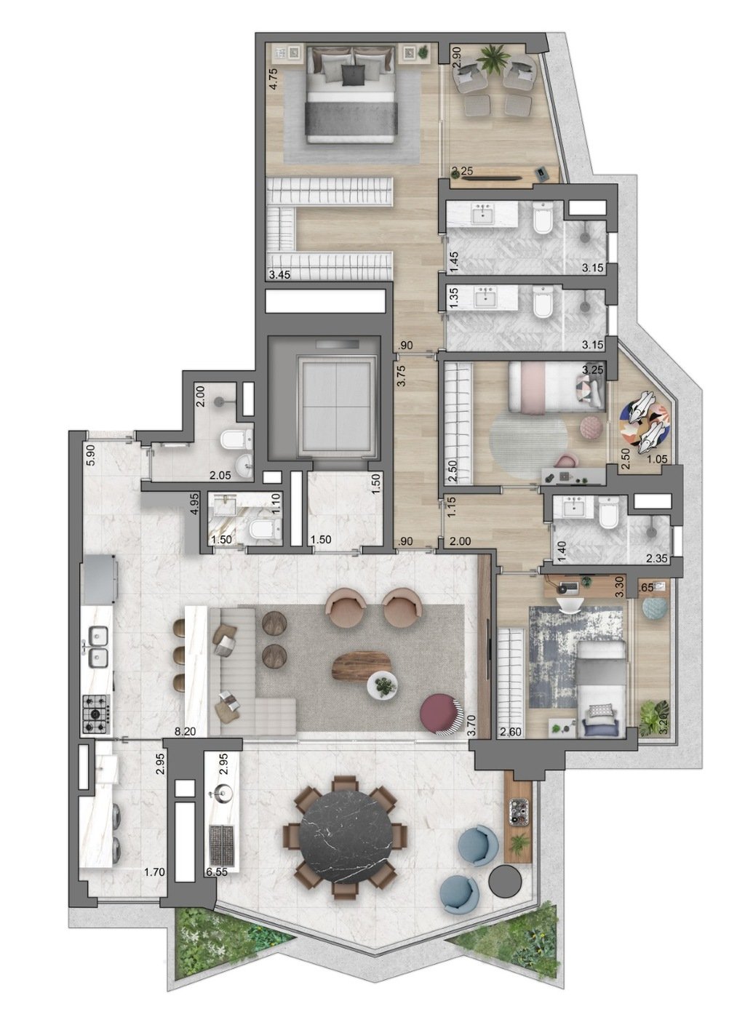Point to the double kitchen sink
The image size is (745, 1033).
[97, 646]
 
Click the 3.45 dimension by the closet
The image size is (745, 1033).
[280, 275]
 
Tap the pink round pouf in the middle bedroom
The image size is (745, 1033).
[587, 426]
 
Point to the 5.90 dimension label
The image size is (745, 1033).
[90, 454]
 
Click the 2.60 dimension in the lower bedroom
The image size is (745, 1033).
[511, 734]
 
